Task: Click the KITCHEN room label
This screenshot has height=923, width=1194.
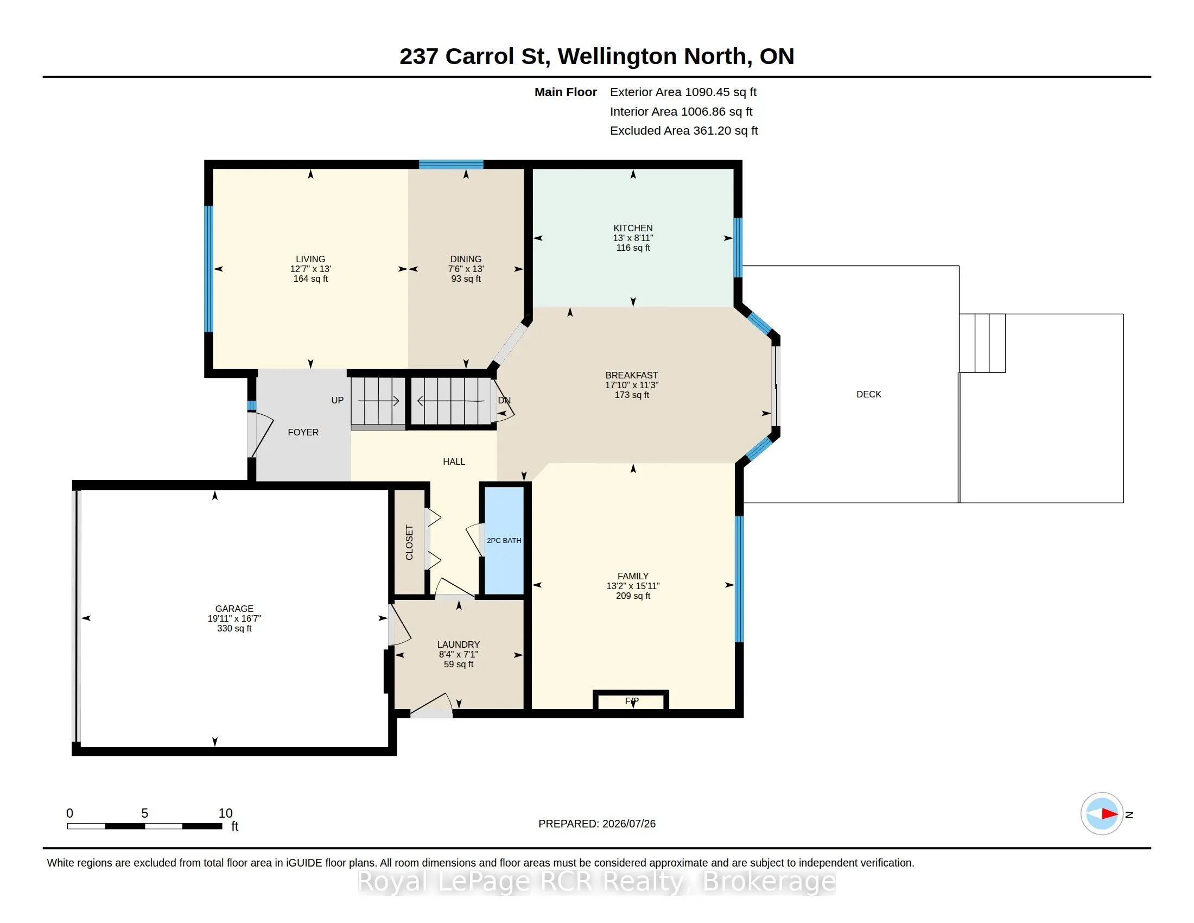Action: click(632, 228)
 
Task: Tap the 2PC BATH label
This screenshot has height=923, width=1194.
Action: click(504, 540)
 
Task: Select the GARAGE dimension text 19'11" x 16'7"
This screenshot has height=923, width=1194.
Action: click(234, 618)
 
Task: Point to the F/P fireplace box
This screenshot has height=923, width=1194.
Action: click(631, 700)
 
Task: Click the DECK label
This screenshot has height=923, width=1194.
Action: click(869, 394)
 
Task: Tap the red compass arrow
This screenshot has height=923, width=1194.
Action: click(1109, 814)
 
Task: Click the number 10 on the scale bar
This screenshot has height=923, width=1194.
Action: click(225, 813)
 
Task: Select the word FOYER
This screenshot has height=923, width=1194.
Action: click(303, 432)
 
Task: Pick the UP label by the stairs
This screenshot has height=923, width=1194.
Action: click(338, 400)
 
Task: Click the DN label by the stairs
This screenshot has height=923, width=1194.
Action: click(504, 400)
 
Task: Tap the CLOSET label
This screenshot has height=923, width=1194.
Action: click(409, 542)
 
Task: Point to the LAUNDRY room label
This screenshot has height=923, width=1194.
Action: click(458, 644)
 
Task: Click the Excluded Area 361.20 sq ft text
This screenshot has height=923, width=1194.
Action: click(684, 131)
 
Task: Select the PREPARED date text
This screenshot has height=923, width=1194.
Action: click(597, 824)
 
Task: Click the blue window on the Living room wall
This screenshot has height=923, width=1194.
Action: click(208, 268)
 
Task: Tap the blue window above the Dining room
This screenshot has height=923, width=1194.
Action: click(451, 164)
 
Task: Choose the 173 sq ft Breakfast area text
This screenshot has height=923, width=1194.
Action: click(631, 395)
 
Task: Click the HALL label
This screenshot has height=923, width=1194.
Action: click(454, 461)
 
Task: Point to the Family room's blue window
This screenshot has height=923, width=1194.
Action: click(739, 579)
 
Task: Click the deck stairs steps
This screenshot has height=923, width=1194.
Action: click(982, 343)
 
